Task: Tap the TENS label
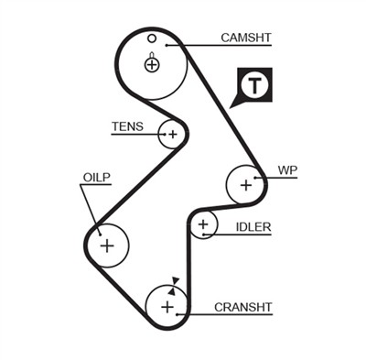coord(127,126)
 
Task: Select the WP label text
coord(287,169)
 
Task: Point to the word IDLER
coord(253,225)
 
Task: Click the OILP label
coord(96,177)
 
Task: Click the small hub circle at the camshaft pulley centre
coord(152,64)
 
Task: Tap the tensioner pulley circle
coord(170,135)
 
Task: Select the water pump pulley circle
coord(245,185)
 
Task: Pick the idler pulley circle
coord(204,224)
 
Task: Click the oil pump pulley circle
coord(106,245)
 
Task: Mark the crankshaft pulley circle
coord(167,306)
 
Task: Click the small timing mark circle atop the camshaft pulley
coord(152,38)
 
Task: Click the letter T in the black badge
coord(253,87)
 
